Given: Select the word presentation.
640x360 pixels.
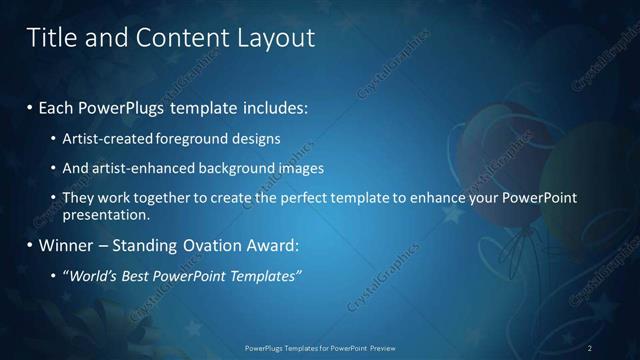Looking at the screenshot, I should point(105,214).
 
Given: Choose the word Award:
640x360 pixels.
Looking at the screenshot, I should point(273,245).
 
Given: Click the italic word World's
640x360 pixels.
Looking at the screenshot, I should point(90,275).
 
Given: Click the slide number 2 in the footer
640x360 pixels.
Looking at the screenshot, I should point(590,348).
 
